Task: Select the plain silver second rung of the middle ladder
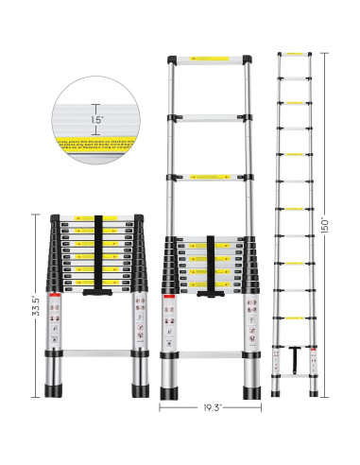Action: coord(205,118)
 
